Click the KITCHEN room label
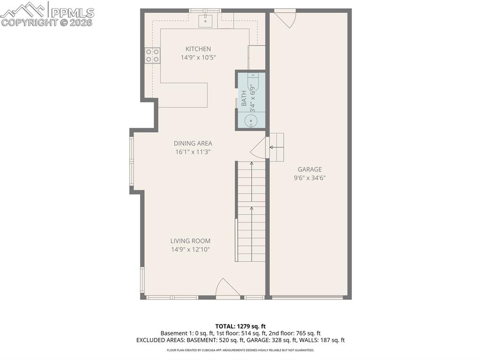tap(198, 49)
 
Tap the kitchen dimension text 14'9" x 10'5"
tap(198, 57)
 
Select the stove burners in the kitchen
tap(153, 55)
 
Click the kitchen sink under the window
tap(205, 21)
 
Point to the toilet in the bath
tap(253, 84)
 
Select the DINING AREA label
tap(193, 143)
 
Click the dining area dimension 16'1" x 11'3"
tap(193, 152)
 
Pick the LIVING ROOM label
tap(190, 241)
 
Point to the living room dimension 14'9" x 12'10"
tap(190, 249)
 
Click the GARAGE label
tap(310, 169)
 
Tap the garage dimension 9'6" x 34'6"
tap(310, 178)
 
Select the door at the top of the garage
tap(285, 18)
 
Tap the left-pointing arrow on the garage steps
tap(272, 147)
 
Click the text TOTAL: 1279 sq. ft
tap(240, 326)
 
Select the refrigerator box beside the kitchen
tap(257, 57)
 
